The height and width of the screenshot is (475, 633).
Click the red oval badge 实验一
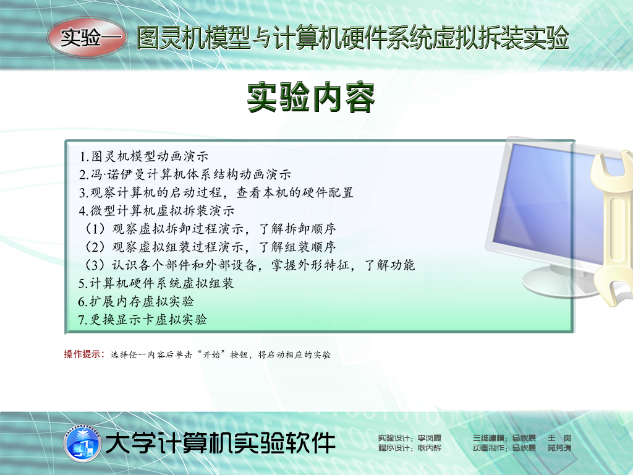pos(87,38)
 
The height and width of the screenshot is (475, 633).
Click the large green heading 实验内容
pos(311,97)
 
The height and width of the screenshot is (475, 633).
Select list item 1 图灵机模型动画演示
pos(143,156)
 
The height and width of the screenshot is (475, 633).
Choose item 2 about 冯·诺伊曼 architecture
pos(185,174)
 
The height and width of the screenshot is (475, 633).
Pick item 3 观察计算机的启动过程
pos(216,193)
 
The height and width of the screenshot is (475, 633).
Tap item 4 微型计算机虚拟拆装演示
pos(156,211)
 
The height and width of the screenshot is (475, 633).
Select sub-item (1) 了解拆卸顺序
pos(210,229)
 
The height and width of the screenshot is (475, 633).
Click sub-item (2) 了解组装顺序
pos(210,247)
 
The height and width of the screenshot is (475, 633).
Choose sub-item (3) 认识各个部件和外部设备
pos(250,265)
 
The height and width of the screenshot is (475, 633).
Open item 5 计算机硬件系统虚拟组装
pos(156,283)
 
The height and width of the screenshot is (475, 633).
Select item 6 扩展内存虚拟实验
pos(136,302)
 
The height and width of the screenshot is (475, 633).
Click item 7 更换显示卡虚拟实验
pos(143,320)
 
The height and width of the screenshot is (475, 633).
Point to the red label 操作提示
pos(84,354)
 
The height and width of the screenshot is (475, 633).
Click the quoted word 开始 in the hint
pos(211,354)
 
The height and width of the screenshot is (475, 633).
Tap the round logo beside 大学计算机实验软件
pos(82,443)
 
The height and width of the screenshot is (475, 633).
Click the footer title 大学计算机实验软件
pos(221,443)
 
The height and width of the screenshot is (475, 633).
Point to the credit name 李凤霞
pos(430,439)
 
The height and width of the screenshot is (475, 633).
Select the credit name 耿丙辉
pos(430,448)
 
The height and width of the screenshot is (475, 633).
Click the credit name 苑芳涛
pos(559,448)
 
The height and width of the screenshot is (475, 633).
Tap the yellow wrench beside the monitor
pos(613,226)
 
